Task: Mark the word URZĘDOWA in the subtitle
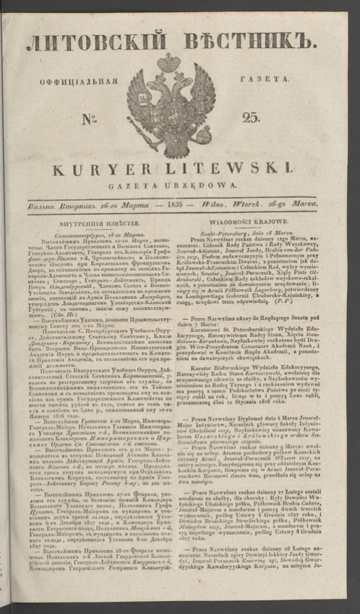coord(205,185)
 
